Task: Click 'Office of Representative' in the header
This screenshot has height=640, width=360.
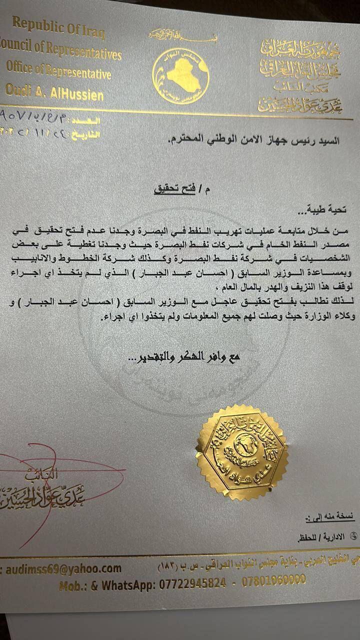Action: tap(59, 70)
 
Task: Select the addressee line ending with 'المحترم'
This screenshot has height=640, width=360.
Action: tap(253, 140)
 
